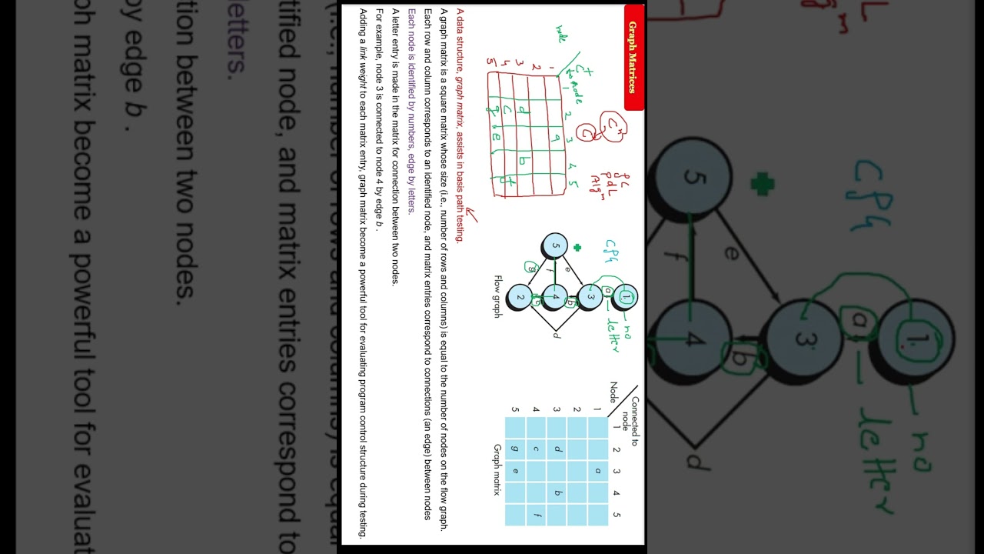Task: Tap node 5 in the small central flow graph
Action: pos(555,247)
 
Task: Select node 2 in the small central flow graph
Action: pos(520,297)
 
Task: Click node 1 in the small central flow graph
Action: pos(626,297)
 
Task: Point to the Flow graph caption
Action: pos(497,297)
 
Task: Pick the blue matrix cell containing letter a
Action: pos(597,471)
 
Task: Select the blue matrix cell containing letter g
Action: pos(514,449)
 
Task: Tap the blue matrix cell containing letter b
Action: pos(556,493)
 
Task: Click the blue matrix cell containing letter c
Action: pos(535,449)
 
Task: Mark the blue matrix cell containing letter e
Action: pos(514,471)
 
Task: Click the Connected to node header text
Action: pos(630,422)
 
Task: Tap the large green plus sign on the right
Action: pos(762,184)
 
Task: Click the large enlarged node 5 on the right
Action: pos(695,178)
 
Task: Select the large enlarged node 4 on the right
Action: pos(693,339)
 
